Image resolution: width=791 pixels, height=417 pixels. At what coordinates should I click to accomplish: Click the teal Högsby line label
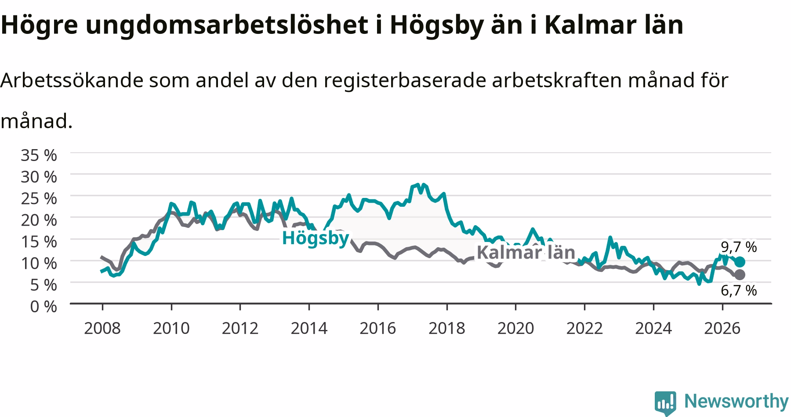pyautogui.click(x=315, y=238)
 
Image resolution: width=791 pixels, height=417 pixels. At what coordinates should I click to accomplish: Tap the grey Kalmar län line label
pyautogui.click(x=526, y=252)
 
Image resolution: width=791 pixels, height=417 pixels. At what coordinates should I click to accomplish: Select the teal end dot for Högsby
pyautogui.click(x=740, y=262)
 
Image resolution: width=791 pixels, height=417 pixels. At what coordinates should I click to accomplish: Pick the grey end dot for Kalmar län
pyautogui.click(x=740, y=274)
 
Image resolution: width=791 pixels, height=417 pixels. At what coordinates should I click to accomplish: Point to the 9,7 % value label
pyautogui.click(x=739, y=247)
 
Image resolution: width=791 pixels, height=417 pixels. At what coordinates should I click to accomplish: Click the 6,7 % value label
pyautogui.click(x=739, y=290)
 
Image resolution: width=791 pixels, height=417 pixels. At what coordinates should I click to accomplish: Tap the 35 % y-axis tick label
pyautogui.click(x=39, y=155)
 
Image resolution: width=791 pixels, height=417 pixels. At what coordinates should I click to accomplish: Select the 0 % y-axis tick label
pyautogui.click(x=44, y=306)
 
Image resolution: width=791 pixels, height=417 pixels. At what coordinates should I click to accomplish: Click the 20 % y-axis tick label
pyautogui.click(x=39, y=220)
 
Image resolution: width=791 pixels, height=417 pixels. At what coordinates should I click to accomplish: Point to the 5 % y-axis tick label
pyautogui.click(x=44, y=285)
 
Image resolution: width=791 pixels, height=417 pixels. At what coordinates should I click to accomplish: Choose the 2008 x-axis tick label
pyautogui.click(x=102, y=328)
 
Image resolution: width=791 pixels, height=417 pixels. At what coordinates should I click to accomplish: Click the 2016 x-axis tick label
pyautogui.click(x=378, y=328)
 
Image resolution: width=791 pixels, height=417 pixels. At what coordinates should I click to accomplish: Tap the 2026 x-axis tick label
pyautogui.click(x=722, y=328)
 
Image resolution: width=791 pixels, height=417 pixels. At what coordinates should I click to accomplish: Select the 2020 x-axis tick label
pyautogui.click(x=515, y=328)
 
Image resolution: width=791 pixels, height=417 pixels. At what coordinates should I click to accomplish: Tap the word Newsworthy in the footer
pyautogui.click(x=737, y=401)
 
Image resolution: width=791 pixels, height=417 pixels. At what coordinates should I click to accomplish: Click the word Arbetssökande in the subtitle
pyautogui.click(x=72, y=80)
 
